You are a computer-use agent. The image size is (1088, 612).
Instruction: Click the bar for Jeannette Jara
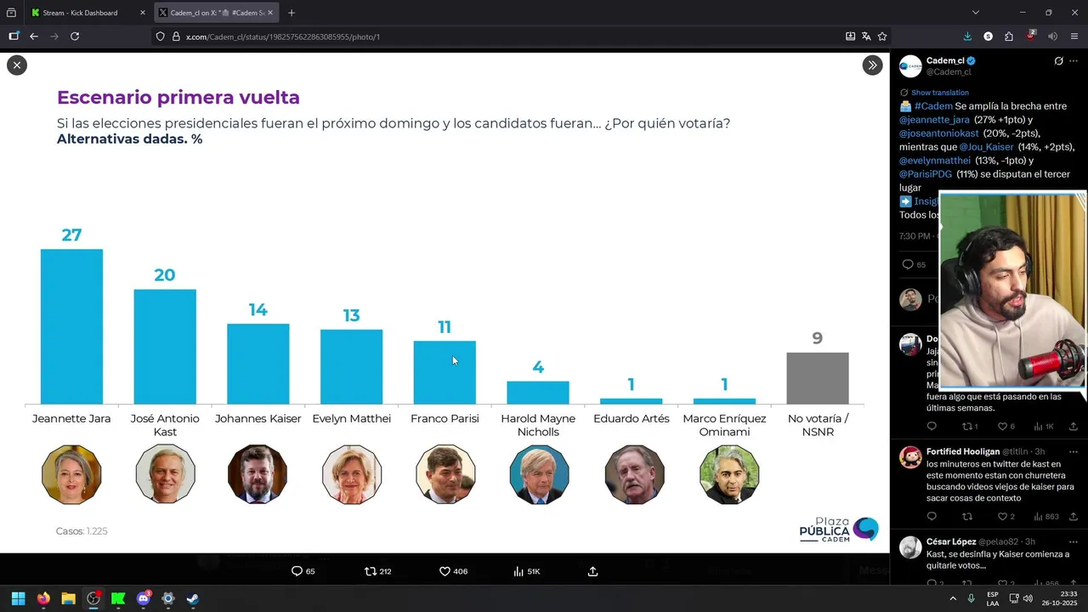[71, 326]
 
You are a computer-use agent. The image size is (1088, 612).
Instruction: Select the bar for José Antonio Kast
[165, 347]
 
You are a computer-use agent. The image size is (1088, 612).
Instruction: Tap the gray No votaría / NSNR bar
[817, 378]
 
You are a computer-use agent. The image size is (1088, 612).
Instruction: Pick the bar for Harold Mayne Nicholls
[538, 393]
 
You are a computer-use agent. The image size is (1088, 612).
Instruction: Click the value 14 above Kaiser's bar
[258, 310]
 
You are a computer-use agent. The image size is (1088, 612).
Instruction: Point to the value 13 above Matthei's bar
[351, 315]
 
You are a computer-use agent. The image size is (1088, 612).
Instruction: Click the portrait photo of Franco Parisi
[445, 474]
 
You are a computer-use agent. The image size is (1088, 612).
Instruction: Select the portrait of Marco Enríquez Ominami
[728, 474]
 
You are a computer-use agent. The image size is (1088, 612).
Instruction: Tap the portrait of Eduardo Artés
[634, 474]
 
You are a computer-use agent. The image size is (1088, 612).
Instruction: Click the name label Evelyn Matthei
[351, 418]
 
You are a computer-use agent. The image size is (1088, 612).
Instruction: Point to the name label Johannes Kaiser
[258, 418]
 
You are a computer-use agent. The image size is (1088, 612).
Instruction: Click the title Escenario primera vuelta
[178, 98]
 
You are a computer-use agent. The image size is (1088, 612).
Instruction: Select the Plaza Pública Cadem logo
[838, 530]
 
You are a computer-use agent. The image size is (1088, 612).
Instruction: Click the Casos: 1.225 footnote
[82, 531]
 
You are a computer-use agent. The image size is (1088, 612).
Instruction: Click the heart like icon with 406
[445, 571]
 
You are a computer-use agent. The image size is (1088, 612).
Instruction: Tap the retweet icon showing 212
[371, 571]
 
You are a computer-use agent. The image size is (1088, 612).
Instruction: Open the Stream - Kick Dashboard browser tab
[80, 13]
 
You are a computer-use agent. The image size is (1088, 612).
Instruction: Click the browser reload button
[75, 37]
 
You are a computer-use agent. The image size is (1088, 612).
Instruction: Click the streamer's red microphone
[1053, 361]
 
